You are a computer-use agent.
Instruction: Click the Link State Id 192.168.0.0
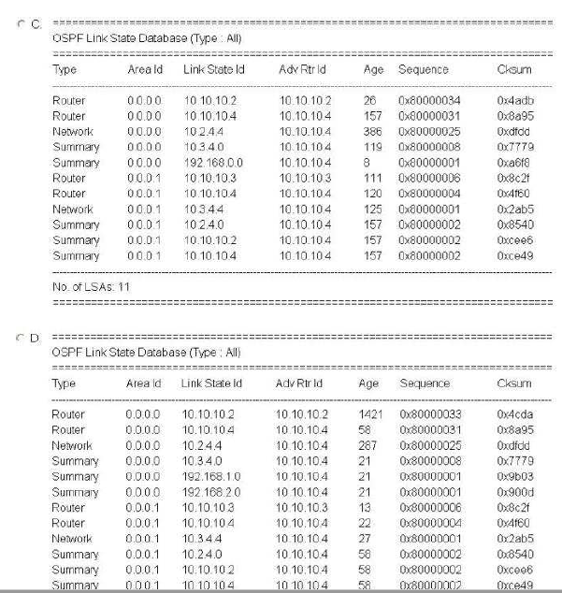point(212,163)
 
